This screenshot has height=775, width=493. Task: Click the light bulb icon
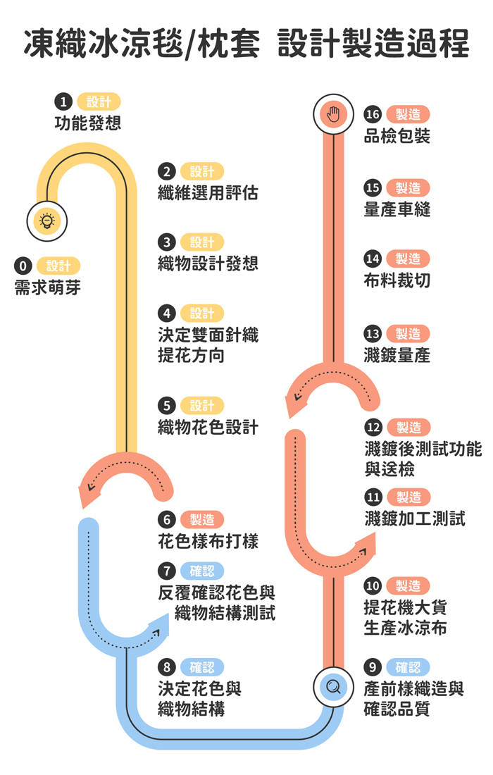tap(47, 221)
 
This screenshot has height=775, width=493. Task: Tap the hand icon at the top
tap(333, 114)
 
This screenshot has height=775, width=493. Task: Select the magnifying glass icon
tap(333, 686)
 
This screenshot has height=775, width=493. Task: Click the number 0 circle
tap(23, 266)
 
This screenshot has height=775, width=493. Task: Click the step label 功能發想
tap(88, 123)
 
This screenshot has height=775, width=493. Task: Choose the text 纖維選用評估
tap(208, 193)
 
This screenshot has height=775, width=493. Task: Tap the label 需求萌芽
tap(48, 287)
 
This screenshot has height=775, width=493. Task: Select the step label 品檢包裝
tap(397, 136)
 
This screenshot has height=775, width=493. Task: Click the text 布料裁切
tap(397, 280)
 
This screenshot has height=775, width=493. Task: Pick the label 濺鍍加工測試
tap(415, 519)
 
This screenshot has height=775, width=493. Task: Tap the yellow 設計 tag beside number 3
tap(202, 242)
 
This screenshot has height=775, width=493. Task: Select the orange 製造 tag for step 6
tap(202, 520)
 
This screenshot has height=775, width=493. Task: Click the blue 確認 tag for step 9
tap(408, 666)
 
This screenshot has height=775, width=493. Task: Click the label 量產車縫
tap(397, 209)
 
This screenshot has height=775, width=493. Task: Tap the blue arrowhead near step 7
tap(158, 626)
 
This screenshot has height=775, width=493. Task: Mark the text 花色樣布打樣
tap(208, 541)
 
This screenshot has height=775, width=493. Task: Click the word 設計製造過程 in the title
tap(373, 44)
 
